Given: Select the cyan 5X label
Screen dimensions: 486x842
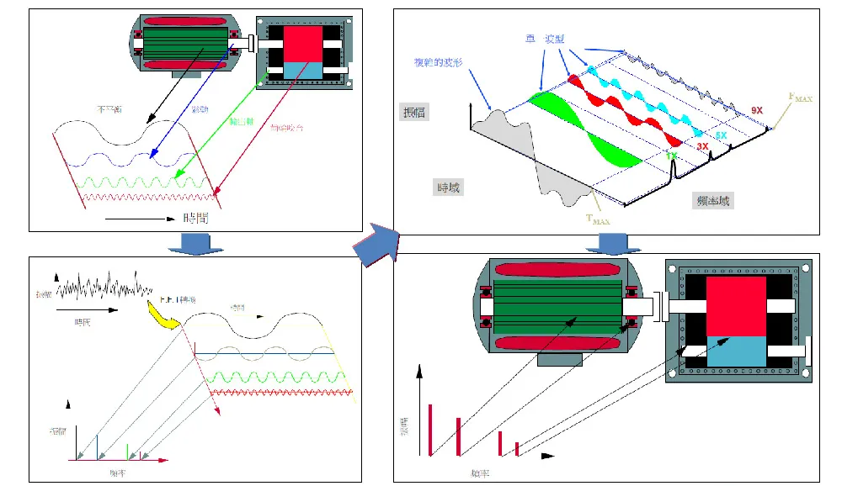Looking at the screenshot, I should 721,135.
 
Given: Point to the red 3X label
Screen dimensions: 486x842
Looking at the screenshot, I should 701,147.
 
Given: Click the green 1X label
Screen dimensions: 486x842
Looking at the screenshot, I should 670,156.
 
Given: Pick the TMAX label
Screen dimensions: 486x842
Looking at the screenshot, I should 599,220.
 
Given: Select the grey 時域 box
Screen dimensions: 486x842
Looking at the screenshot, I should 448,187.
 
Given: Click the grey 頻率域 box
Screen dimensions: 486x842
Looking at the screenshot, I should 713,200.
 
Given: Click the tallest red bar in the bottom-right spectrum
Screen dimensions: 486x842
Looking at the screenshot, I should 429,430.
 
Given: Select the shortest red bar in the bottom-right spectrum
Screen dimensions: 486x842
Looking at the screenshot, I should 516,448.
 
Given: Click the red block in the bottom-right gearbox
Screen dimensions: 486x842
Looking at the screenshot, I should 736,306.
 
